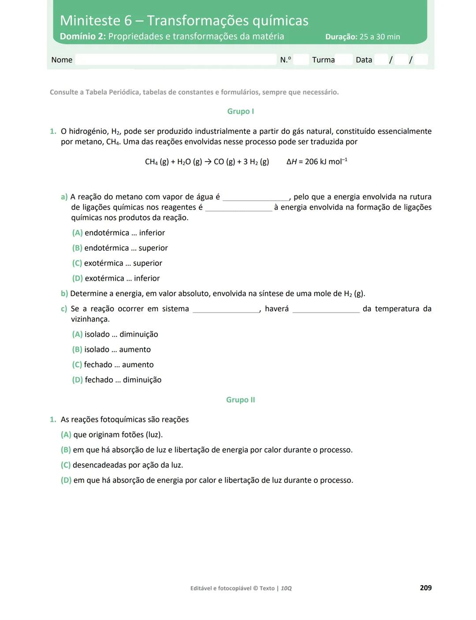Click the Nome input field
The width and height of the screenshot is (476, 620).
tap(175, 60)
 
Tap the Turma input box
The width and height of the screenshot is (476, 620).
tap(343, 60)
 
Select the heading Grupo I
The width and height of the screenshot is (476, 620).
tap(240, 111)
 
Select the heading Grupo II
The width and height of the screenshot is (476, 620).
tap(240, 400)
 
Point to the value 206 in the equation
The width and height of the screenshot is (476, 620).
tap(311, 162)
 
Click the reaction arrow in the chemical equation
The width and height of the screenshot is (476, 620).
tap(208, 162)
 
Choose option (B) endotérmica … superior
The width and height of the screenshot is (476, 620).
tap(120, 248)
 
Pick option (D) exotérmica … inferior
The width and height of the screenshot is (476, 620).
tap(116, 278)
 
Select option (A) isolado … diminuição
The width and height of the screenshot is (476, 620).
tap(115, 334)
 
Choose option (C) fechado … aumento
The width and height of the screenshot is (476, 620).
tap(113, 364)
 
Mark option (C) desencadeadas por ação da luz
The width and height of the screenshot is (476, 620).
tap(122, 465)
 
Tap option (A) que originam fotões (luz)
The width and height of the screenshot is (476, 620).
tap(112, 435)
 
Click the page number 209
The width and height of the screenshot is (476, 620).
tap(426, 588)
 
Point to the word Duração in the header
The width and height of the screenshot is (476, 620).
tap(341, 37)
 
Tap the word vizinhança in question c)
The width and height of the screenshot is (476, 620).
tap(90, 319)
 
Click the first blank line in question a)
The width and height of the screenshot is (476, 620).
tap(256, 198)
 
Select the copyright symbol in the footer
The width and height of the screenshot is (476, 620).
tap(255, 588)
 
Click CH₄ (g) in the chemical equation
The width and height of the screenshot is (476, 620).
tap(157, 162)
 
